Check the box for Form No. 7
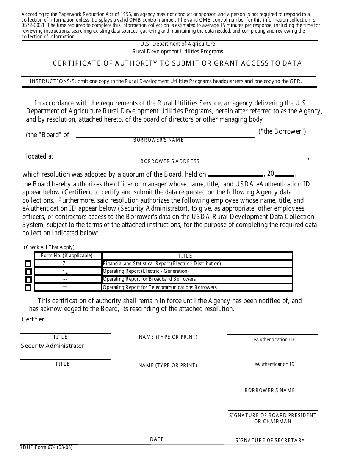click(x=28, y=264)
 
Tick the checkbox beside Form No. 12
click(x=28, y=272)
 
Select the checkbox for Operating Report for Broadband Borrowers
click(x=28, y=280)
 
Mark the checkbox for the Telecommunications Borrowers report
click(x=28, y=288)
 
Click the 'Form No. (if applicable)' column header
click(x=66, y=256)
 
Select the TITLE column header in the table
click(x=185, y=256)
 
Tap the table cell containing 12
click(x=65, y=272)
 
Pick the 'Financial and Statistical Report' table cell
click(x=162, y=263)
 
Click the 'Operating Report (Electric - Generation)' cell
click(x=146, y=271)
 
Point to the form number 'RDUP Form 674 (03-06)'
click(x=46, y=447)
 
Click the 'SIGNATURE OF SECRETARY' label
click(x=270, y=440)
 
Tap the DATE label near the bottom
click(x=157, y=439)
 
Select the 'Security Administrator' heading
click(x=52, y=346)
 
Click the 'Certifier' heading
click(x=33, y=319)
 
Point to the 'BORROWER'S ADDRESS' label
click(x=170, y=161)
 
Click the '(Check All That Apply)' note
click(x=49, y=247)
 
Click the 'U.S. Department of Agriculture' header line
click(x=178, y=44)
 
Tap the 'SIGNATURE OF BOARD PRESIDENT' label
click(x=272, y=416)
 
